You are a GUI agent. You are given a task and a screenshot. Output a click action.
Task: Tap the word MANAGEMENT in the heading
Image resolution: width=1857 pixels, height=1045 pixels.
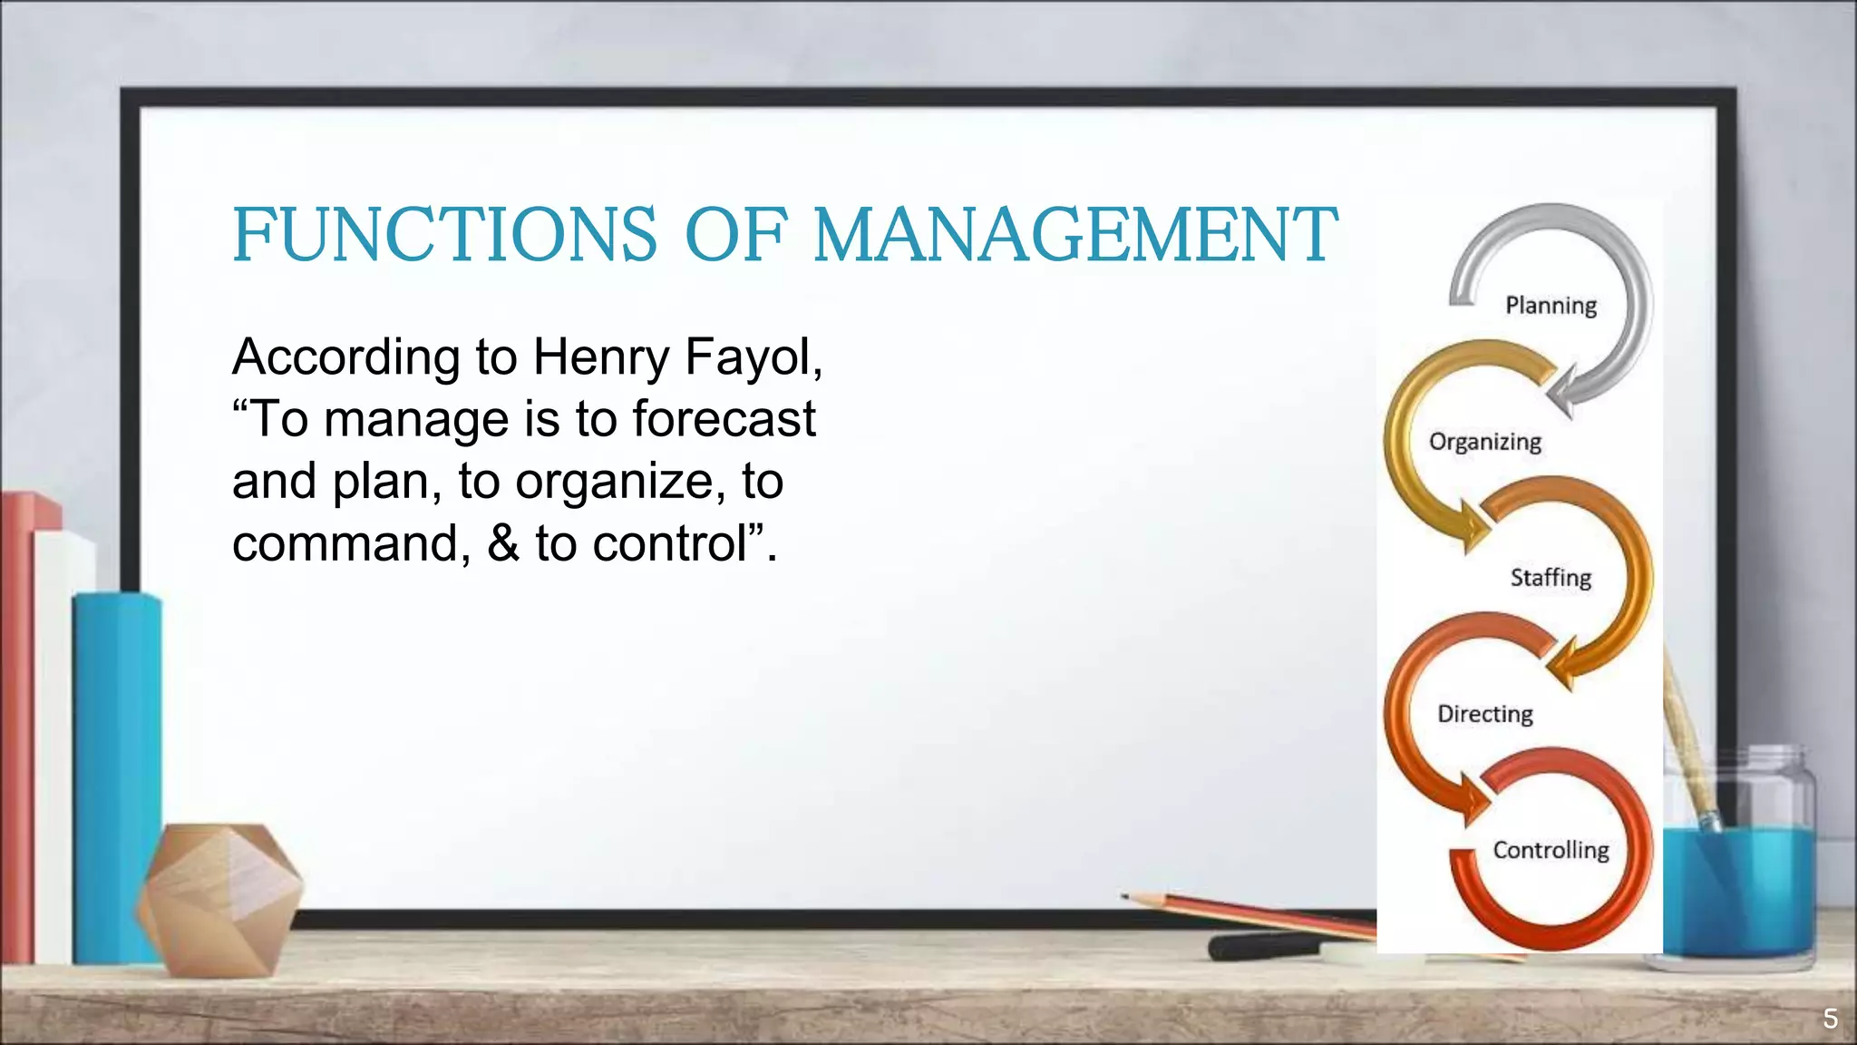1075,235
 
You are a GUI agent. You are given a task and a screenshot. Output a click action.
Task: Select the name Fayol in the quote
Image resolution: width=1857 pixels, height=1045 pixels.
753,356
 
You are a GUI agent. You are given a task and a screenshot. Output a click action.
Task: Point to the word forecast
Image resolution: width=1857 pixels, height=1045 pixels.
724,419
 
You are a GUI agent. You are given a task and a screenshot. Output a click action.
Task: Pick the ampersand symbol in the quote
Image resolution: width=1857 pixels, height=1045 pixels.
503,543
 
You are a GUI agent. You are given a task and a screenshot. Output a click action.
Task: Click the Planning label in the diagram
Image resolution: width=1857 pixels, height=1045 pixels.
1551,306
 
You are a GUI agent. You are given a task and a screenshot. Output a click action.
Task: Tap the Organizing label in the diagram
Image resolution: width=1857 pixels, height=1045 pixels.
1484,442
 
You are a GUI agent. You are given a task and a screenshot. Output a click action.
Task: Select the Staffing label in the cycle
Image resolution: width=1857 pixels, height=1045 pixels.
1551,578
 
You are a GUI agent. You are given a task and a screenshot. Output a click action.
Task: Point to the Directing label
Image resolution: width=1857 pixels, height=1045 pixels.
1484,714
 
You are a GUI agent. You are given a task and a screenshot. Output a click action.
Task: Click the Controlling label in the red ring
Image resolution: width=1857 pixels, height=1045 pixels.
1551,850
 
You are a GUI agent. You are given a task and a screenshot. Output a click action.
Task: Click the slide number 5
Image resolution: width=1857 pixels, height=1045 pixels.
1830,1019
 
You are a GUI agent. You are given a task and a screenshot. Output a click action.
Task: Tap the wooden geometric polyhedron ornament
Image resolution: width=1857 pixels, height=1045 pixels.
220,898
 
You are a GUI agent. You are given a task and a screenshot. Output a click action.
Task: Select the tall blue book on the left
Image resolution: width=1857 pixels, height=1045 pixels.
116,771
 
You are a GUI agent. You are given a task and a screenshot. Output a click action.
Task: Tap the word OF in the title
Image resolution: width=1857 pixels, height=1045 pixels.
734,235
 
